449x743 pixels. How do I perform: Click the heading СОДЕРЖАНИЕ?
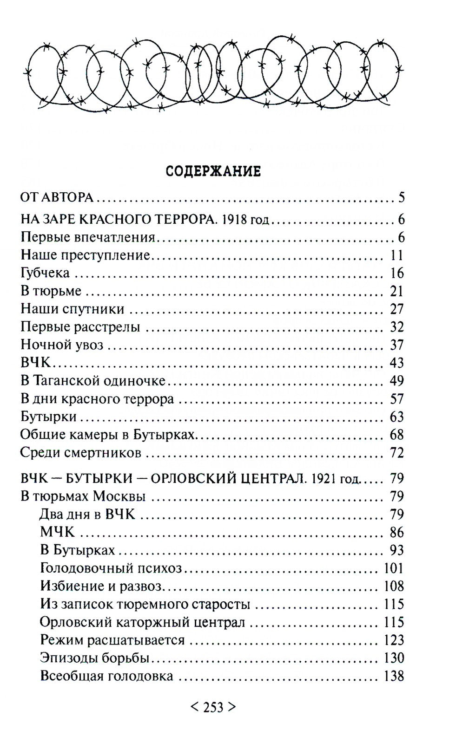[213, 171]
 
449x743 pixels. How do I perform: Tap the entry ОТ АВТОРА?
[57, 197]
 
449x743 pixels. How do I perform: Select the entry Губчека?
[45, 273]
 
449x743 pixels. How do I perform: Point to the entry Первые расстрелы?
[80, 327]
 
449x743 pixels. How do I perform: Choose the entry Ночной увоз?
[62, 345]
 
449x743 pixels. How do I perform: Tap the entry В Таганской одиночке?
[93, 380]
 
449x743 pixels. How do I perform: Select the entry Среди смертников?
[81, 452]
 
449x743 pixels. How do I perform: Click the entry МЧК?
[57, 532]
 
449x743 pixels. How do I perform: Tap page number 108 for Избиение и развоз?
[394, 586]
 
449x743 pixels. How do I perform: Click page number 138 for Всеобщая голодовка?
[394, 676]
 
